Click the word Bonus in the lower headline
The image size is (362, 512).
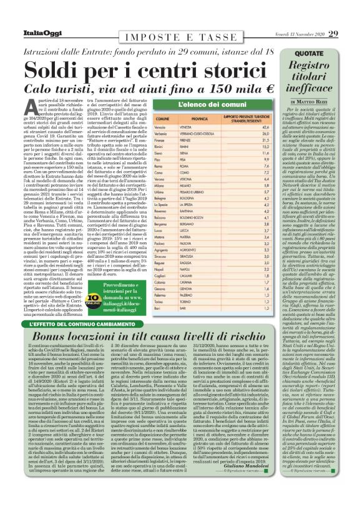coord(53,337)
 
